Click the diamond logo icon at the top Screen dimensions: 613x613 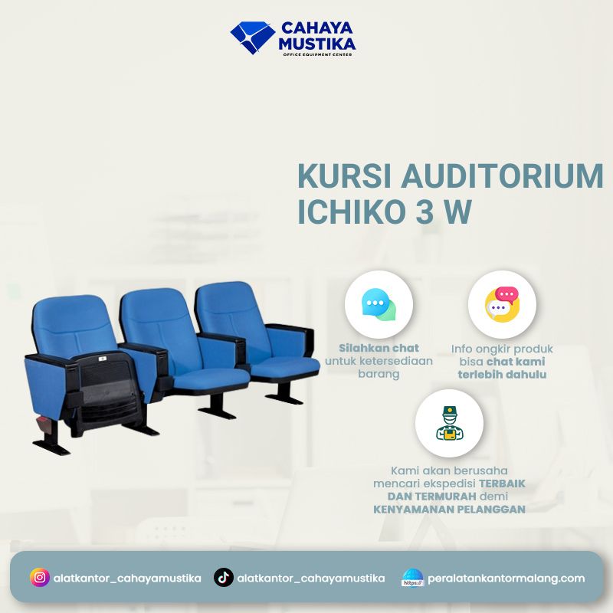point(252,38)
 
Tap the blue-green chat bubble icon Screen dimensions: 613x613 point(379,305)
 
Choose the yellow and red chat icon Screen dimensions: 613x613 point(502,305)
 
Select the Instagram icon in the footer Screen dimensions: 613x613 point(40,578)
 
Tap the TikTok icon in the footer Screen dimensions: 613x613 point(223,578)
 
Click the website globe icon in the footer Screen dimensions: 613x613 point(412,578)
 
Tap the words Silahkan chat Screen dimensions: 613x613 point(379,348)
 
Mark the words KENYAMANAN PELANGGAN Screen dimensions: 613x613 point(449,509)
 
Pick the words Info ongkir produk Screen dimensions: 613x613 point(502,348)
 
